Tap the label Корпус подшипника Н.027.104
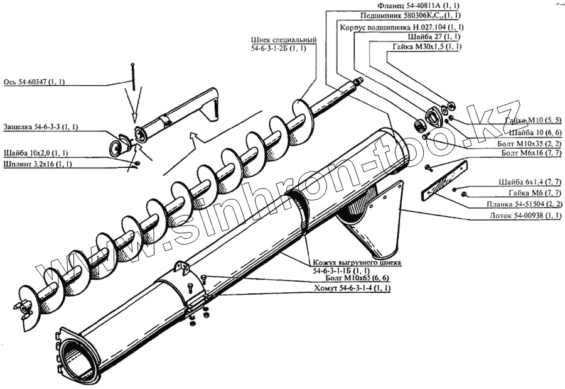(401, 28)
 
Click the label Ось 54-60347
(38, 82)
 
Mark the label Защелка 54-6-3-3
(41, 127)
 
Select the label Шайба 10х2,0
(36, 153)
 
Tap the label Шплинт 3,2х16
(38, 165)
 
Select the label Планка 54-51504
(524, 204)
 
